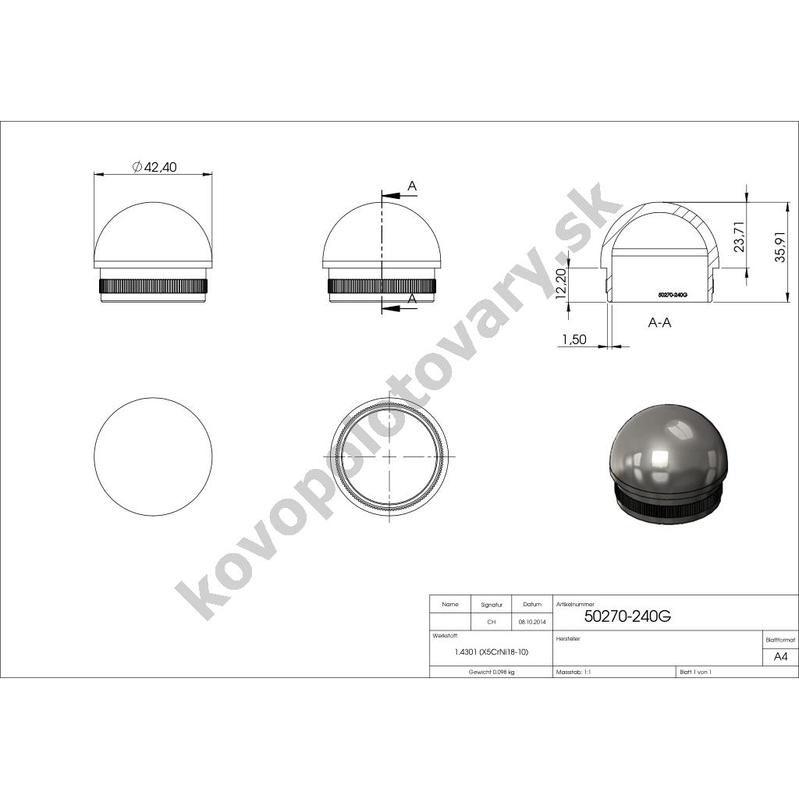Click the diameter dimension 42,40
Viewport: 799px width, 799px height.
pos(154,167)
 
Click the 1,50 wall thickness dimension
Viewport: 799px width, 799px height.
pos(574,339)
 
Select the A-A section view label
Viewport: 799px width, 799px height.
pos(659,322)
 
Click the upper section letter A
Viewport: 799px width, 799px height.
pos(412,186)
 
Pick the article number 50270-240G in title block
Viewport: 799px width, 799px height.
pos(627,616)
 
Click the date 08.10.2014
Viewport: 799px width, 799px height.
pos(532,622)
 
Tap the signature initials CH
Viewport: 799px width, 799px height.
pos(492,622)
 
